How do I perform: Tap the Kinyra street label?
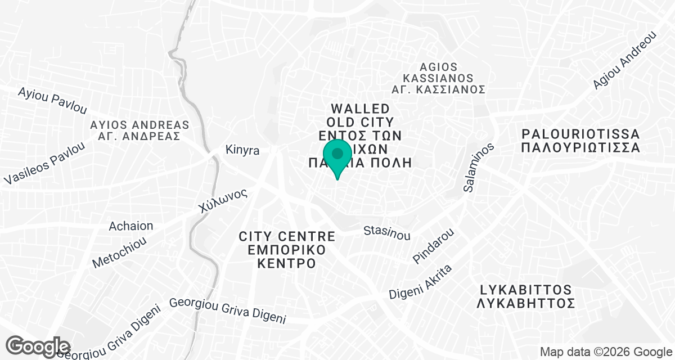pyautogui.click(x=242, y=151)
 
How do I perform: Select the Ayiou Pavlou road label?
pyautogui.click(x=53, y=100)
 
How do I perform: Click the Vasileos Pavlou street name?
pyautogui.click(x=45, y=163)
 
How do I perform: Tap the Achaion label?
pyautogui.click(x=131, y=226)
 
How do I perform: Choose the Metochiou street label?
pyautogui.click(x=119, y=251)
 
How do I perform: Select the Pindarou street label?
pyautogui.click(x=433, y=246)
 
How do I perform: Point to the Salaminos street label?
pyautogui.click(x=479, y=167)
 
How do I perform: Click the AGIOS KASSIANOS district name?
pyautogui.click(x=438, y=73)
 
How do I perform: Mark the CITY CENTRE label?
pyautogui.click(x=287, y=236)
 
